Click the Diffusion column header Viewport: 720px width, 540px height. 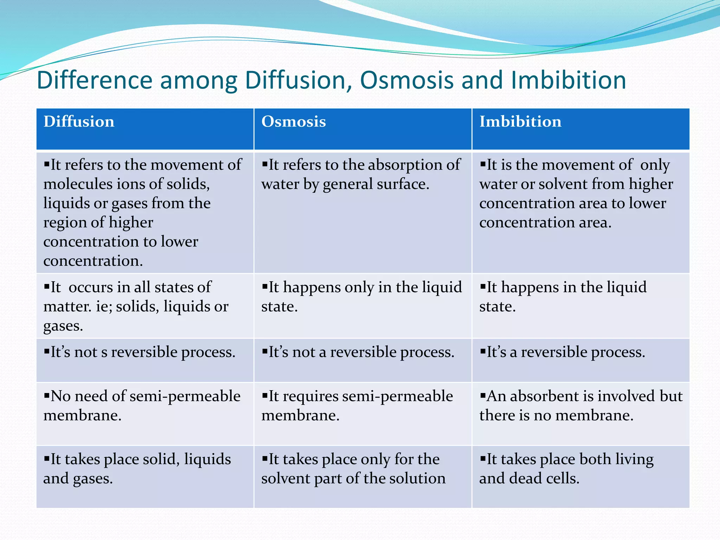pos(79,122)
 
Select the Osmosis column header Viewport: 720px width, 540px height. pos(294,122)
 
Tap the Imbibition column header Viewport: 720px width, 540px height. pos(520,122)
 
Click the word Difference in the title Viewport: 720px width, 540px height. pos(94,80)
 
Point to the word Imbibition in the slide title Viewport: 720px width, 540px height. pos(568,80)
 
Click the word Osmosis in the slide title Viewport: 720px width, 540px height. pos(407,80)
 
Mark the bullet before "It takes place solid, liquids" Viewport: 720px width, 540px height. pos(47,458)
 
